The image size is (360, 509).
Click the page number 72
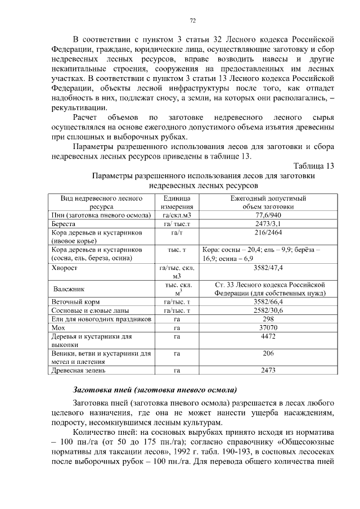click(x=192, y=21)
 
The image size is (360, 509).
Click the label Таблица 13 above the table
click(x=314, y=166)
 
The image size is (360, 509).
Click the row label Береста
click(x=64, y=224)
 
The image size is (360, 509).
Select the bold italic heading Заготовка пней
click(x=155, y=390)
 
